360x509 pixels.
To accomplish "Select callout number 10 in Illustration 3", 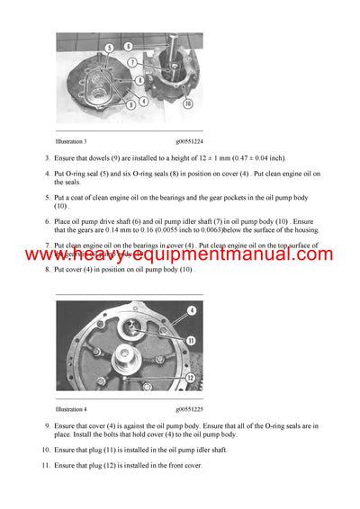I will pos(186,103).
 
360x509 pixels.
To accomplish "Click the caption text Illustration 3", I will pos(72,141).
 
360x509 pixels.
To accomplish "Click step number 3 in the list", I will pos(47,158).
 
